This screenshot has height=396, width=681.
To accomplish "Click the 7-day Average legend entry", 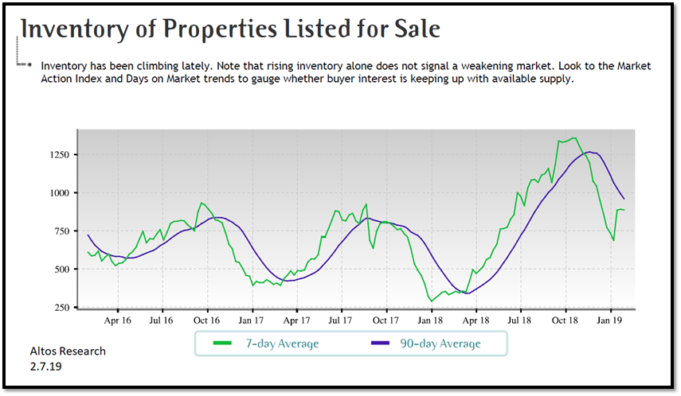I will [267, 344].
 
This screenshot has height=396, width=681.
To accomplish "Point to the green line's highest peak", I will [573, 138].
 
